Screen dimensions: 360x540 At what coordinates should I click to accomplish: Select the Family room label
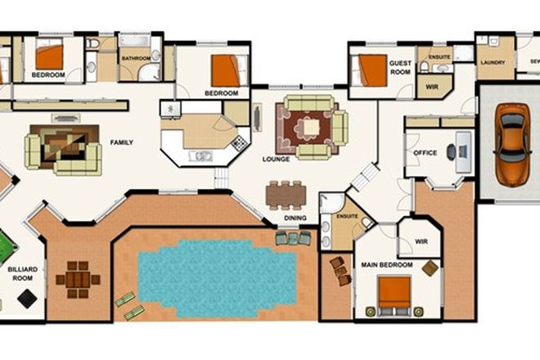click(x=121, y=142)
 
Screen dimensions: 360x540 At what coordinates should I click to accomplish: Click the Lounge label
click(x=277, y=159)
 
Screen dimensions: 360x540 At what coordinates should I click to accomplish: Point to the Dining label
click(x=295, y=218)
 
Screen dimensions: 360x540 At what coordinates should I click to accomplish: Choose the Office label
click(x=425, y=153)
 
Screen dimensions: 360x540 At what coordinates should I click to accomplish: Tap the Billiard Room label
click(x=22, y=272)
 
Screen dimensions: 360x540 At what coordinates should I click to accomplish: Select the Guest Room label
click(x=401, y=67)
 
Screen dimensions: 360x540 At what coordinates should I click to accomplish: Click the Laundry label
click(x=493, y=62)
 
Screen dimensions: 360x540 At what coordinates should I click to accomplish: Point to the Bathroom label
click(x=135, y=58)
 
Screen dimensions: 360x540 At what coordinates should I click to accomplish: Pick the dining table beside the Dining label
click(x=286, y=195)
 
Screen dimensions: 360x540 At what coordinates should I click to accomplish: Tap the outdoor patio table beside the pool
click(x=78, y=280)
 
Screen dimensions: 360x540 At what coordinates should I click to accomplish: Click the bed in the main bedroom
click(x=394, y=294)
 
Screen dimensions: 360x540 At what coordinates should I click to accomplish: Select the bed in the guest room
click(x=371, y=70)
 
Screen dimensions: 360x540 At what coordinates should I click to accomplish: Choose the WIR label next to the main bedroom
click(x=421, y=242)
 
